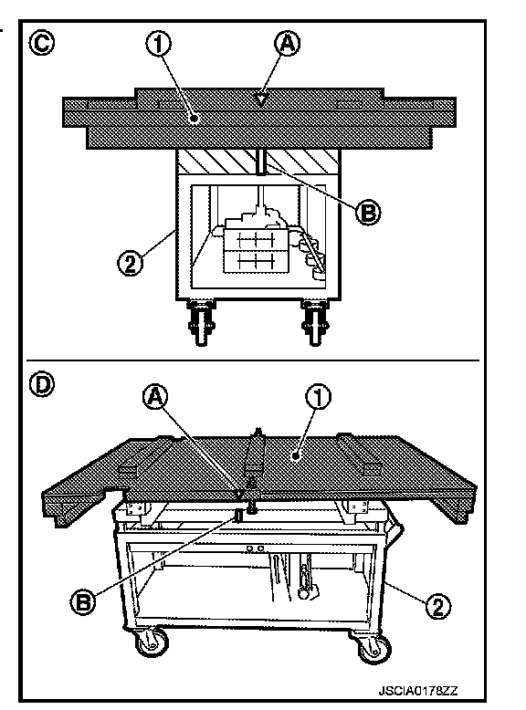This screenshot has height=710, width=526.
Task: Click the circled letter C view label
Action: point(42,44)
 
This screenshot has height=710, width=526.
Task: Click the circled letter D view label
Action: point(42,385)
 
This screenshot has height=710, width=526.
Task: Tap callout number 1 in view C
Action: point(159,44)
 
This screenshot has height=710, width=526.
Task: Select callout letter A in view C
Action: point(288,44)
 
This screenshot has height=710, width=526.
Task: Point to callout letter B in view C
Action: point(368,212)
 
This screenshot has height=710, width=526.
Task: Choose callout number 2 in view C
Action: point(130,263)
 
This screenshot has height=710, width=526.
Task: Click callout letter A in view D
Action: point(155,397)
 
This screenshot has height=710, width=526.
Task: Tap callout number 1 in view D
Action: point(319,397)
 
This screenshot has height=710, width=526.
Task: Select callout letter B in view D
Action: point(83,602)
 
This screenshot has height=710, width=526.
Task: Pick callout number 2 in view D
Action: point(438,605)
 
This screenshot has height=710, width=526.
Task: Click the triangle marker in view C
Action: point(260,99)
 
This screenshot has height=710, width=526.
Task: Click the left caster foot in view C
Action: point(202,322)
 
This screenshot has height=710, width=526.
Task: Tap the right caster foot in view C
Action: point(315,322)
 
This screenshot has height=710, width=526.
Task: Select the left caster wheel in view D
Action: point(152,642)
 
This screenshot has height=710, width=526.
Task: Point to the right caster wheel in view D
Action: point(374,649)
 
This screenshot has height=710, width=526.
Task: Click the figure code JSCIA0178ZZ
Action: point(417,691)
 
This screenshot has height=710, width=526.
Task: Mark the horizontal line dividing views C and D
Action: point(253,360)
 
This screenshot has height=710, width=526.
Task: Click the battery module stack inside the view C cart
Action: point(256,250)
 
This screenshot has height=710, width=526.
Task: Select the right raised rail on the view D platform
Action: point(360,454)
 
